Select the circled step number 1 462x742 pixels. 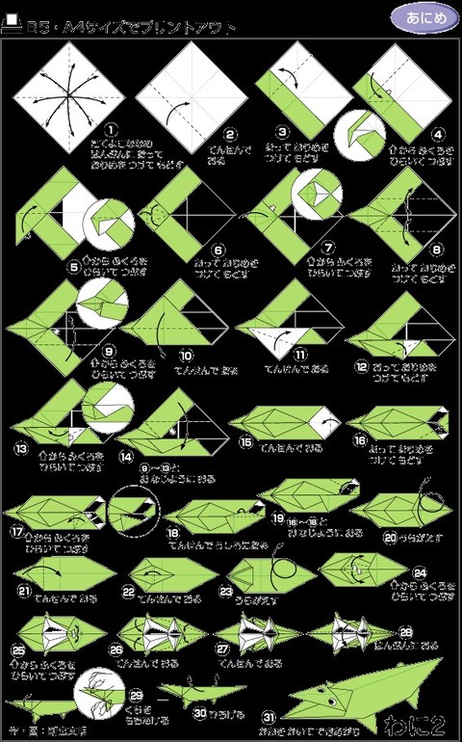tap(111, 127)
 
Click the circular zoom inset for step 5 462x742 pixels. tap(112, 223)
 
